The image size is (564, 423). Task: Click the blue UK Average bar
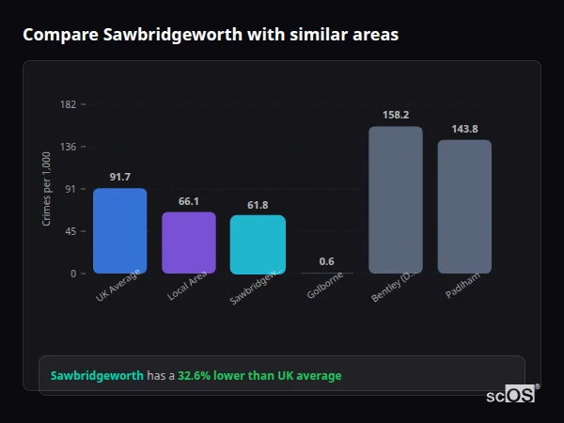(x=119, y=231)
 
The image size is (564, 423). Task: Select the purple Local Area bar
(x=189, y=243)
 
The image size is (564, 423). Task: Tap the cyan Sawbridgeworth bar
(x=258, y=244)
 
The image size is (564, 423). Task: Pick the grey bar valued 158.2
(x=396, y=199)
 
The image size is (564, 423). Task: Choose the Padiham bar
(x=464, y=207)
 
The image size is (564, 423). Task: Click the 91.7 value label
(x=119, y=177)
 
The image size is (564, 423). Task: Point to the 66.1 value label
(x=189, y=201)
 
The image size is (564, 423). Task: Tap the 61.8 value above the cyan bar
(x=258, y=205)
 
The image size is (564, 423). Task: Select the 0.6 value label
(x=326, y=261)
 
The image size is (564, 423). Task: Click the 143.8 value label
(x=464, y=129)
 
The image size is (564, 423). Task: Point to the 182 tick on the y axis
(x=69, y=104)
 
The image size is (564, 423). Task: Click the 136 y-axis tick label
(x=69, y=147)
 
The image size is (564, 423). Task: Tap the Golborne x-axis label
(x=325, y=286)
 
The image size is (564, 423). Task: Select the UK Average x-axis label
(x=117, y=288)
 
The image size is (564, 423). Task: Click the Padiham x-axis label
(x=462, y=286)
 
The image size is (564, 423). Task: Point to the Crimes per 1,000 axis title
(x=46, y=189)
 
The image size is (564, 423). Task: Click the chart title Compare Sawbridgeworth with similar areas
(x=211, y=35)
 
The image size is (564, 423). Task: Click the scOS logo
(x=510, y=395)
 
